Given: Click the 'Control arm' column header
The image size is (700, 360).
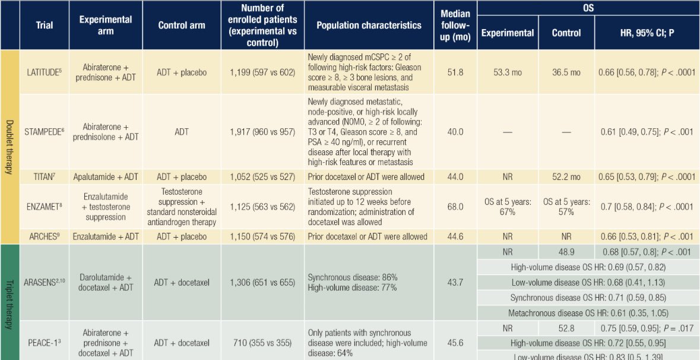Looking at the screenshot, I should (182, 26).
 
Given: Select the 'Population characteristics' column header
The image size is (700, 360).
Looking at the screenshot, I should (369, 26).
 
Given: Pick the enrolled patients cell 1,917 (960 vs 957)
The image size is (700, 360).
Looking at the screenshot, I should (262, 132).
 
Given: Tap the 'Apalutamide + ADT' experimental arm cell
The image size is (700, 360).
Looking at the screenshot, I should (105, 177).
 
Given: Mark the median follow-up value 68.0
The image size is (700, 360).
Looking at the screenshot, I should (455, 207).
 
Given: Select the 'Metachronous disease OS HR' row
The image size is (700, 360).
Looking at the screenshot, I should (588, 313).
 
